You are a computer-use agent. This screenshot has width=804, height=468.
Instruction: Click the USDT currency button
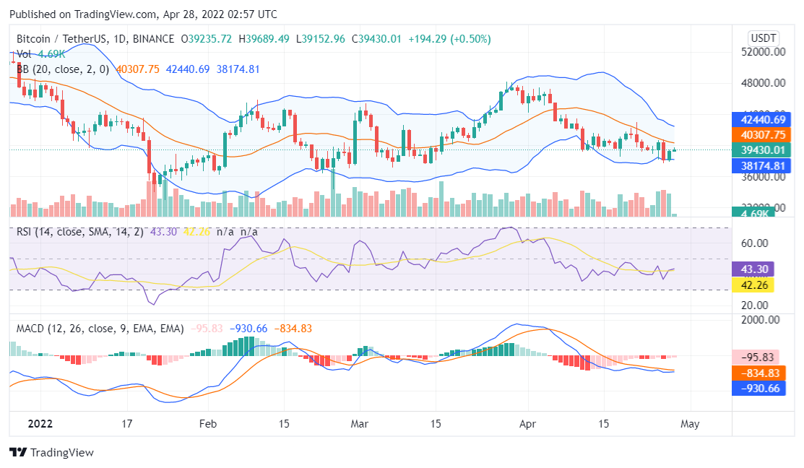[x=763, y=38]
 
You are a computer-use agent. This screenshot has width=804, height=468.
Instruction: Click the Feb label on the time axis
[x=208, y=423]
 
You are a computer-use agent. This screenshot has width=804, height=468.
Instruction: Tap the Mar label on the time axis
[x=359, y=423]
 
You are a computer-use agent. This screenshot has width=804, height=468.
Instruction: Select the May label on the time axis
[x=690, y=423]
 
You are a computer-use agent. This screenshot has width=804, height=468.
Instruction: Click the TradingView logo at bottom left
[x=52, y=452]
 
